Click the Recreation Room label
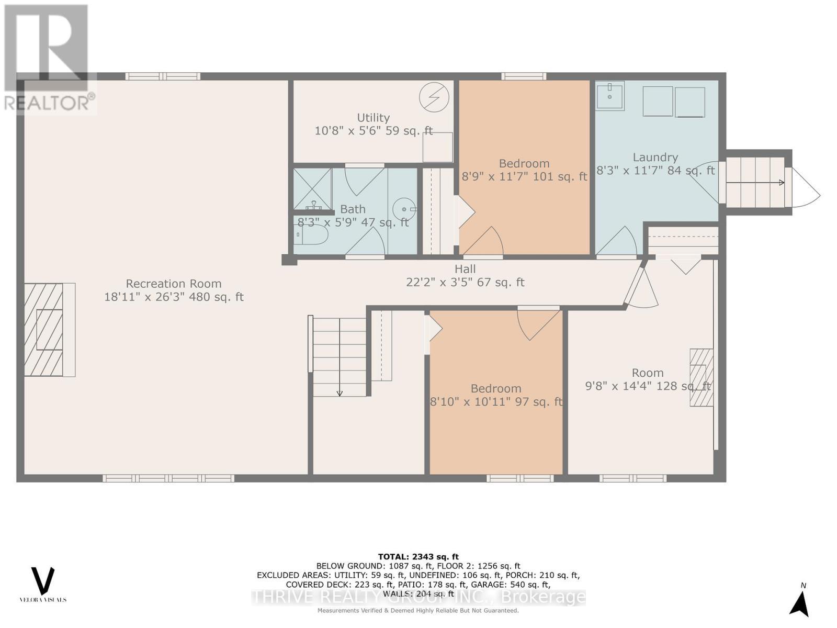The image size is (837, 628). coord(173,284)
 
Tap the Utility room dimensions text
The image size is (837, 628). coord(374,131)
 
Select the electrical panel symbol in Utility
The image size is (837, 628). coord(434,97)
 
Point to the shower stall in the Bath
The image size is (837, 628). coord(312,189)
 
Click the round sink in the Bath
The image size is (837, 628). coord(404,209)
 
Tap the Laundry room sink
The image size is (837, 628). coord(610,96)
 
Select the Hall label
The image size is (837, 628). coord(465,269)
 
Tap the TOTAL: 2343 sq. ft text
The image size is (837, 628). coord(418,557)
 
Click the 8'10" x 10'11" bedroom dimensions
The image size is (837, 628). coord(496,402)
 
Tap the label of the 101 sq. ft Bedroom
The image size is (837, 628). coord(524,164)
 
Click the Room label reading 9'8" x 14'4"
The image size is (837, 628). coord(648,373)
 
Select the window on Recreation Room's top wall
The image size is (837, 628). coord(163,76)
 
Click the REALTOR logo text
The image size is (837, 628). coord(50,103)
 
